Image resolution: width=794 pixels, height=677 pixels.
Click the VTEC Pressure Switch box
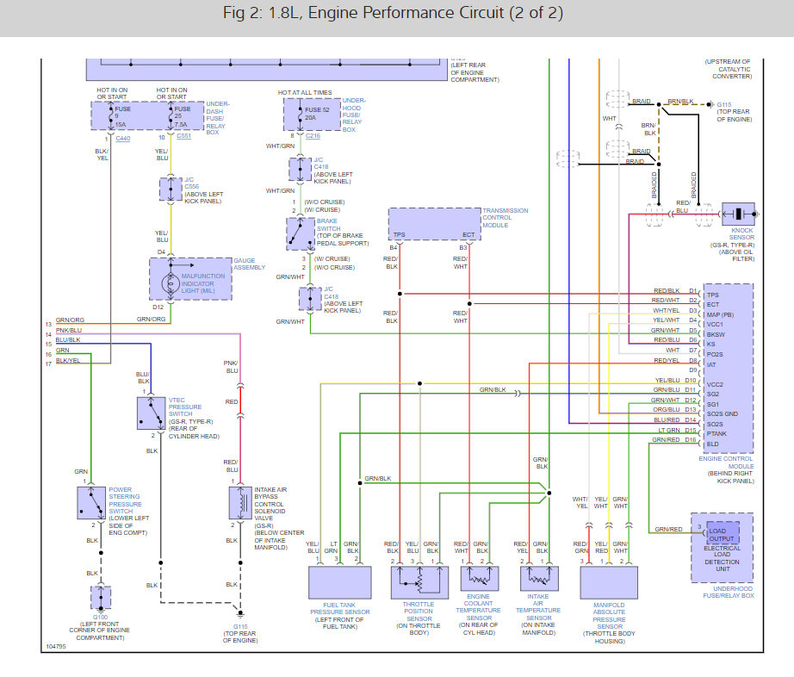click(x=151, y=413)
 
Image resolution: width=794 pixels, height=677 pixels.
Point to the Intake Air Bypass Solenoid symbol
click(x=237, y=503)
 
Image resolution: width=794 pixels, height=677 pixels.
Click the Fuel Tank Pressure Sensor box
click(x=339, y=582)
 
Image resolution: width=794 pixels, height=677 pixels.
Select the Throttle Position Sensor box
click(x=419, y=582)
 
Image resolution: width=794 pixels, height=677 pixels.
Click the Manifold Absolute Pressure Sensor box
click(x=609, y=582)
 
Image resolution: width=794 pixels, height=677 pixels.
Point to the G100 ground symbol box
click(x=102, y=597)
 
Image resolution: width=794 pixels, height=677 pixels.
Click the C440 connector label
click(x=123, y=138)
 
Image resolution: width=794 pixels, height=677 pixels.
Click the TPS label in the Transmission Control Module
click(x=400, y=235)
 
